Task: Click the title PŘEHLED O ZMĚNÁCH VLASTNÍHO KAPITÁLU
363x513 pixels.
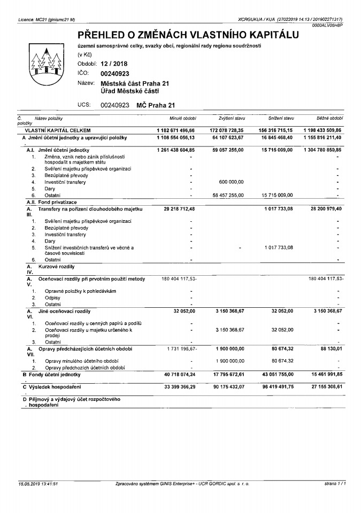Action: (188, 35)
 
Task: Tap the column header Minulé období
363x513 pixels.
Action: (182, 118)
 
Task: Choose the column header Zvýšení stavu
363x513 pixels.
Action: (231, 118)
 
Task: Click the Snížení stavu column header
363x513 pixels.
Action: (281, 118)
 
